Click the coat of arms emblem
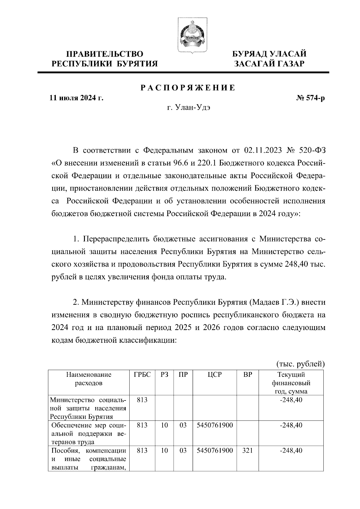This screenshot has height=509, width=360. (x=188, y=35)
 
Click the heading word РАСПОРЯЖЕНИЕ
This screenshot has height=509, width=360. (x=188, y=88)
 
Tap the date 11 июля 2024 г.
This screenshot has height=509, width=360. (x=76, y=98)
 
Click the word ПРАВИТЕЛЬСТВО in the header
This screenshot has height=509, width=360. (x=105, y=54)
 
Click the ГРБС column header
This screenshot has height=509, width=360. (x=142, y=375)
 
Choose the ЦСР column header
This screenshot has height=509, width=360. (x=214, y=375)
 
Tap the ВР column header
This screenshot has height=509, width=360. (x=247, y=375)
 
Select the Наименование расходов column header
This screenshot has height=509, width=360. (x=88, y=379)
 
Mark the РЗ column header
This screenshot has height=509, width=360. (x=164, y=375)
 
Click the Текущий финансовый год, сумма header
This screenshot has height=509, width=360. (x=291, y=383)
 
